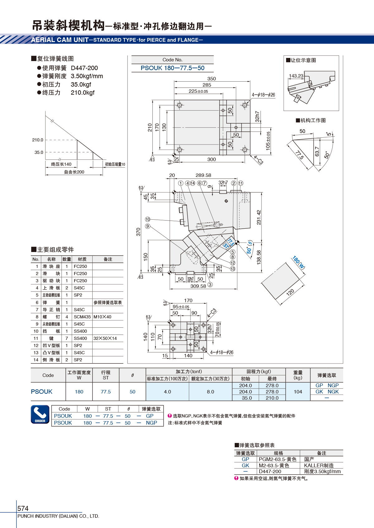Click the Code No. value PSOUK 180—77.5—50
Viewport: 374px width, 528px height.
click(x=172, y=68)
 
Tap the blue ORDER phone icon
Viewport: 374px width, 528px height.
click(x=40, y=414)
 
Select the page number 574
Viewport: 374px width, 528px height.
click(x=23, y=508)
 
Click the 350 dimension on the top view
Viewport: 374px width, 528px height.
click(x=212, y=79)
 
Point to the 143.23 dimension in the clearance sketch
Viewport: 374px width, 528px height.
click(x=296, y=76)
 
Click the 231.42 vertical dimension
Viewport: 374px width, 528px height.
click(x=259, y=217)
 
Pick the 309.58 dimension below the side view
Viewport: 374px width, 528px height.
click(x=198, y=286)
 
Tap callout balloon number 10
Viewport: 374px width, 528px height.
click(x=148, y=219)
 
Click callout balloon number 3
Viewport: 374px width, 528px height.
click(x=210, y=284)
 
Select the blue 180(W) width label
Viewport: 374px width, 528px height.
click(x=299, y=262)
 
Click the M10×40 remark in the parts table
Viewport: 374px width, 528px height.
click(x=102, y=316)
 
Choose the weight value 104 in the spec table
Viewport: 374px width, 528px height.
click(x=298, y=392)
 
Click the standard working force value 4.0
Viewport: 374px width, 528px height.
click(x=167, y=392)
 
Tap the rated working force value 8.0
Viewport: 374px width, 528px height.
click(x=211, y=392)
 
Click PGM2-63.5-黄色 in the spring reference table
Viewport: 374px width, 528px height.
click(x=278, y=459)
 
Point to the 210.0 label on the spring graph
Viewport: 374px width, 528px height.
click(x=38, y=140)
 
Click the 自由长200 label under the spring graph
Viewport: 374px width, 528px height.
click(x=74, y=172)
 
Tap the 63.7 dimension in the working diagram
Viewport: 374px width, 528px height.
click(x=317, y=151)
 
